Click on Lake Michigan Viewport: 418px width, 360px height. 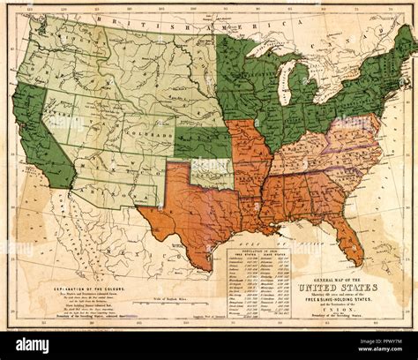tap(285, 85)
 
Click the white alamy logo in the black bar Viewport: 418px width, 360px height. tap(35, 346)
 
